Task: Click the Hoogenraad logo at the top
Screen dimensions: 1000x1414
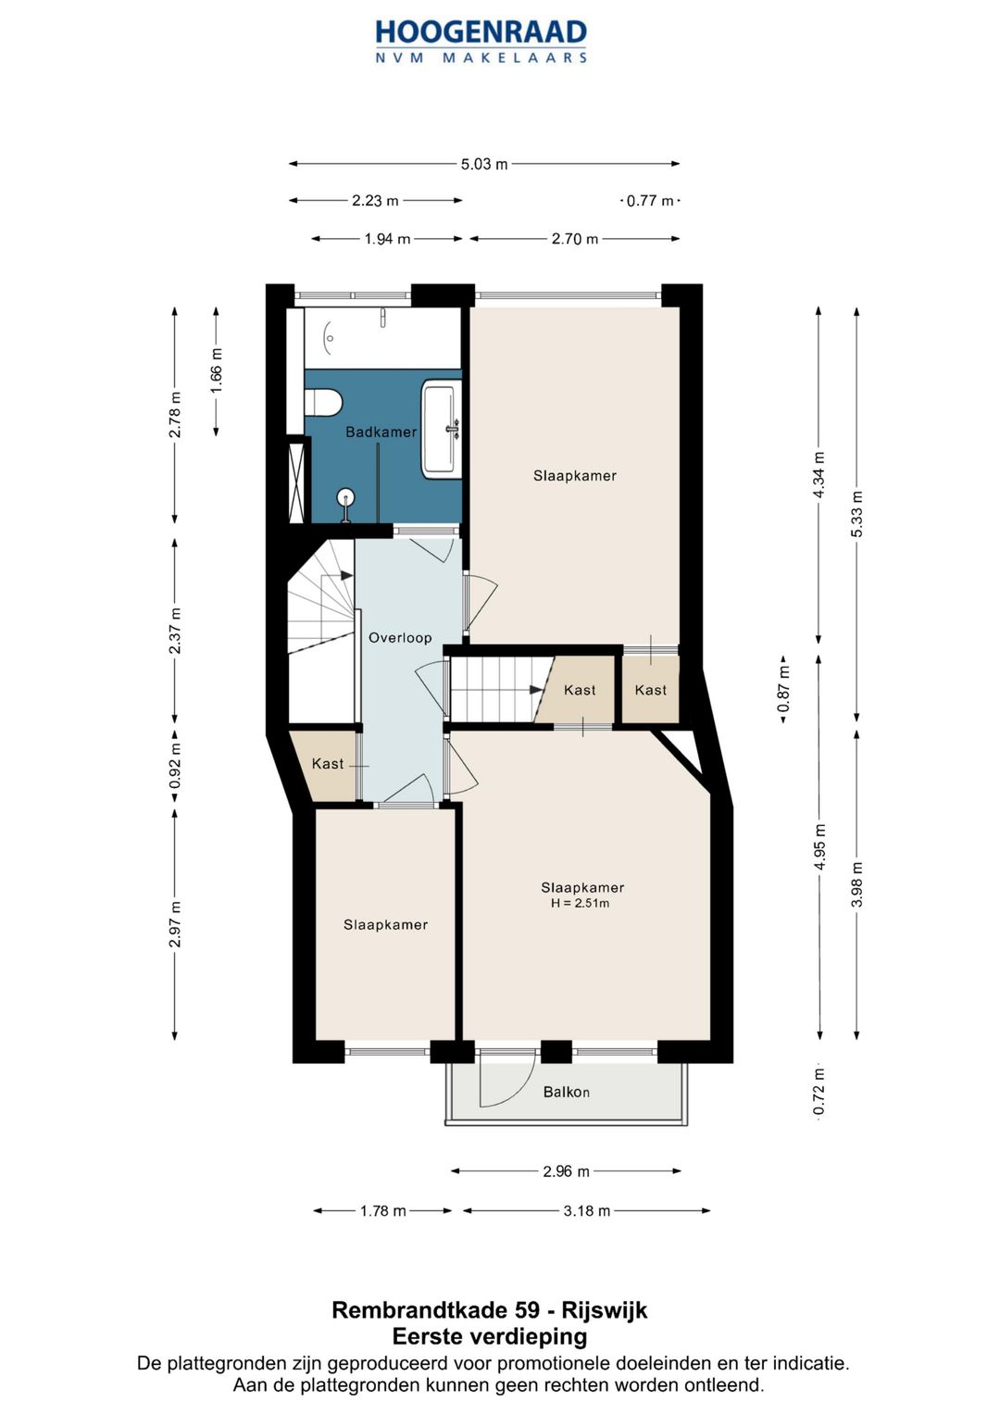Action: pos(481,41)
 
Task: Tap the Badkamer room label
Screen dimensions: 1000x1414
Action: pos(381,432)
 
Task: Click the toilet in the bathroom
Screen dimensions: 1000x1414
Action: pos(322,402)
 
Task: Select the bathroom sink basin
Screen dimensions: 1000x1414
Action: pos(440,429)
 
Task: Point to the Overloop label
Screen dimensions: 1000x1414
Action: pos(400,638)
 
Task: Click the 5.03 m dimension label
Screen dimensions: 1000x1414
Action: pos(484,165)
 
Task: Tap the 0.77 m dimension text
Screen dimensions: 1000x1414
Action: pos(650,201)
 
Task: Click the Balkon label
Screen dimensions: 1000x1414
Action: pos(567,1093)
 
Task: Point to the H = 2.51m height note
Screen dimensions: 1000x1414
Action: pos(581,904)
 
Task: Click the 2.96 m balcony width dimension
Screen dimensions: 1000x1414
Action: pos(567,1171)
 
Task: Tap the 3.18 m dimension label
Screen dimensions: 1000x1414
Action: pos(586,1210)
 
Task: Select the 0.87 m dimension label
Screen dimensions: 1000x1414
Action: pos(783,689)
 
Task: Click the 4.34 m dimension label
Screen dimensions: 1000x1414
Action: pos(819,475)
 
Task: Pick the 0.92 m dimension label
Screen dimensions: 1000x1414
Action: pos(176,765)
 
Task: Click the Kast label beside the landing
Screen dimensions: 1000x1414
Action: pos(328,764)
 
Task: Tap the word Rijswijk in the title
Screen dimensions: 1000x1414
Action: pos(604,1311)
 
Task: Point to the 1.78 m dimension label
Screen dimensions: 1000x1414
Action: pos(382,1210)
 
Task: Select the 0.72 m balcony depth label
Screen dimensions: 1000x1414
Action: pos(819,1092)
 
